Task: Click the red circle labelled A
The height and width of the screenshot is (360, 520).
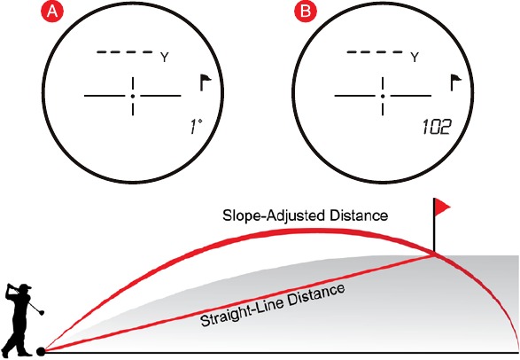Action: (51, 12)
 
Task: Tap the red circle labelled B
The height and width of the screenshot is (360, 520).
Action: (306, 12)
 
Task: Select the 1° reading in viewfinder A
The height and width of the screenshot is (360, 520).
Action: (196, 127)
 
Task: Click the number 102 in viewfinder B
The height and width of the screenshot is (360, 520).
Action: (437, 127)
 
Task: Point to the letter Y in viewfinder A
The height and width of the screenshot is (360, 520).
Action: (165, 58)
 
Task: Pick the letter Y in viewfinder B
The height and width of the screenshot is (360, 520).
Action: (415, 58)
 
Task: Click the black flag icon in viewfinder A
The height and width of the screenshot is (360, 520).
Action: (206, 82)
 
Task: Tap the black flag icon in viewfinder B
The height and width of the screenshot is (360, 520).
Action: (455, 82)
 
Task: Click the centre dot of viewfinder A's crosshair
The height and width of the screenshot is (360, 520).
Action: (133, 97)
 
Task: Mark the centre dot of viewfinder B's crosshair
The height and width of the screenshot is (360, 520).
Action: (383, 97)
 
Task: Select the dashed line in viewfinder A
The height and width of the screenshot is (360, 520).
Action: (125, 52)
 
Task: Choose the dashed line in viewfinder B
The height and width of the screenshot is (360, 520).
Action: (375, 52)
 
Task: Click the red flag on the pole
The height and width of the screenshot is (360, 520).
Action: (442, 207)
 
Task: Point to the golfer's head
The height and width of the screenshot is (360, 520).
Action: (25, 288)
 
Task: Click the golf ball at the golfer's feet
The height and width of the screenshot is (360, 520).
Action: (41, 351)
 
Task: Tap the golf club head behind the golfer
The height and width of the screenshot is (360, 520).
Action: (42, 312)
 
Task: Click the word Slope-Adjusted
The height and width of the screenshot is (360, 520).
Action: (274, 215)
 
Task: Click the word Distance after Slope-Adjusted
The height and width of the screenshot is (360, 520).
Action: (359, 215)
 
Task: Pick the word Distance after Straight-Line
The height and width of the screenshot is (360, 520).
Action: (316, 295)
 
